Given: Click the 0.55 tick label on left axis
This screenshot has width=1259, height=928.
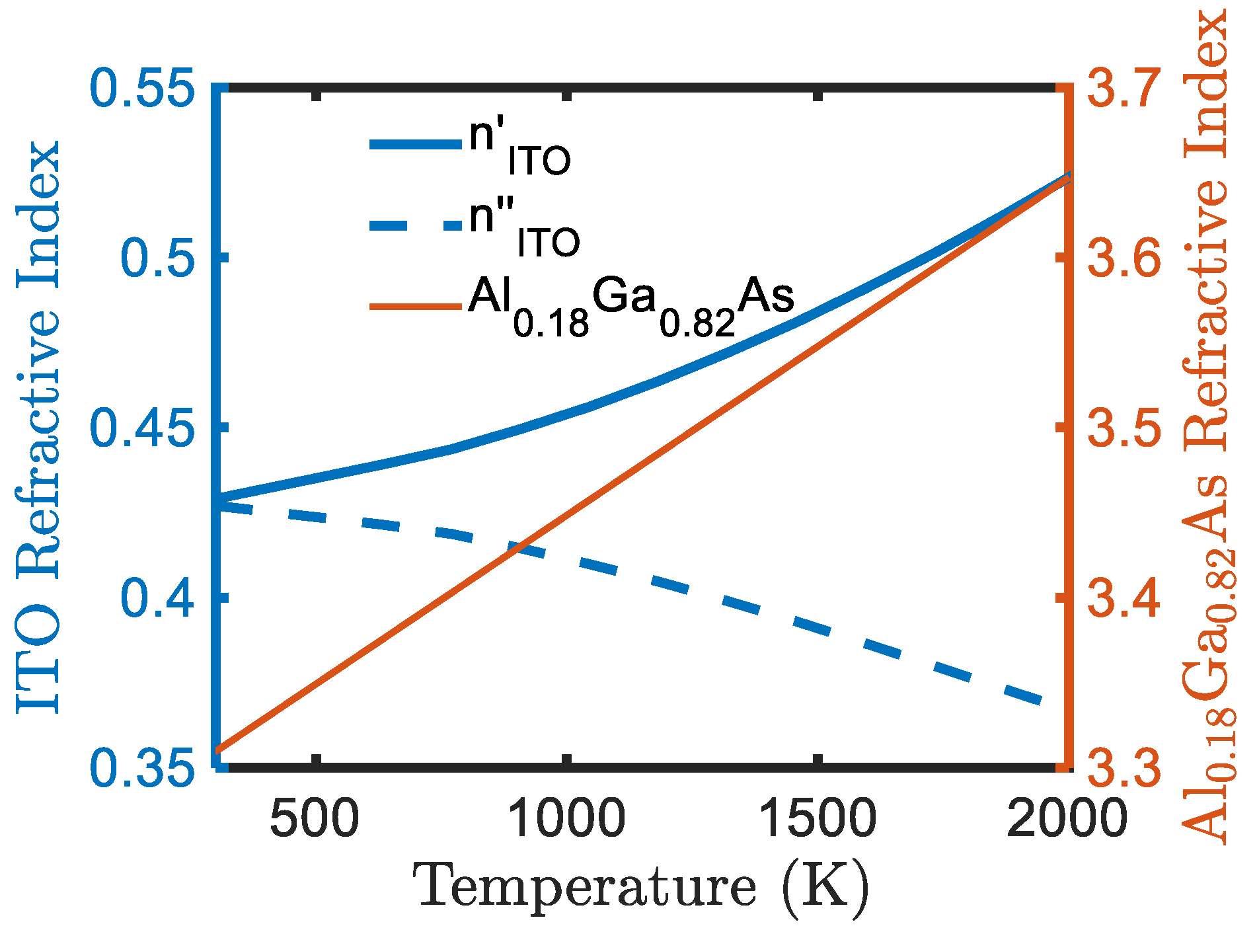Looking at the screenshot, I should (143, 89).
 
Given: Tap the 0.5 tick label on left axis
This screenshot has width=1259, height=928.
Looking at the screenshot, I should (158, 258).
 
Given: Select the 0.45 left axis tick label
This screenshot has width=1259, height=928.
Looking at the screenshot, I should (143, 428).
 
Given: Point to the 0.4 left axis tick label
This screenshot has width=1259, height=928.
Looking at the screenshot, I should (158, 598).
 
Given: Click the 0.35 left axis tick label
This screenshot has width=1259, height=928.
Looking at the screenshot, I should (143, 768).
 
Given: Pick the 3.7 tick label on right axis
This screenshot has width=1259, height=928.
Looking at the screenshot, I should (1124, 89).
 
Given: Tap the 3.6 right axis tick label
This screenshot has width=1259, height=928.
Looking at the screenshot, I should (1124, 258).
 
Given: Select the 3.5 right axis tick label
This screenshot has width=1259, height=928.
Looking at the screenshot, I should (1124, 428).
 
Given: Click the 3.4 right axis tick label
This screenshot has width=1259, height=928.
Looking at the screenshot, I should (1124, 598).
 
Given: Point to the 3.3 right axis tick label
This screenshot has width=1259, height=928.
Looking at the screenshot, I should (1124, 768).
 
